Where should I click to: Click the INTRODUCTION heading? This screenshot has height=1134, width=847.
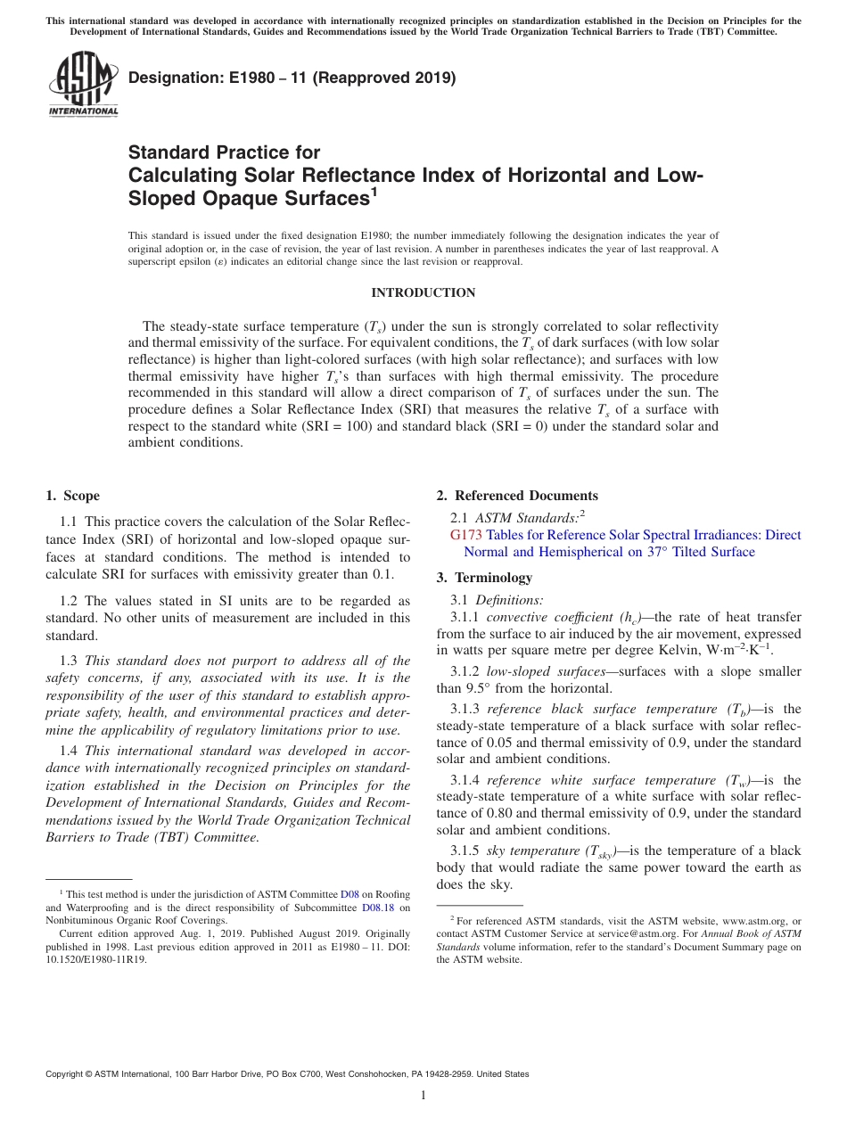click(423, 292)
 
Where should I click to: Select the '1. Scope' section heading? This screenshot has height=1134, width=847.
click(72, 496)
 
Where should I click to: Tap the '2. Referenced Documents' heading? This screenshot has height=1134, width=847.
click(517, 496)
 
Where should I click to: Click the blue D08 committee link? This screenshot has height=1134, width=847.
click(349, 894)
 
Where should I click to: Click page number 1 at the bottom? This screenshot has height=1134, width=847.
click(423, 1095)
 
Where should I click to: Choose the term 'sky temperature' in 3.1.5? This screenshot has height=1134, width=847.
click(532, 850)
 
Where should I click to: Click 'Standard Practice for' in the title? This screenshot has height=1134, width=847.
click(224, 152)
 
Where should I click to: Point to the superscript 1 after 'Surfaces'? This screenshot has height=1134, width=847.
click(374, 192)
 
